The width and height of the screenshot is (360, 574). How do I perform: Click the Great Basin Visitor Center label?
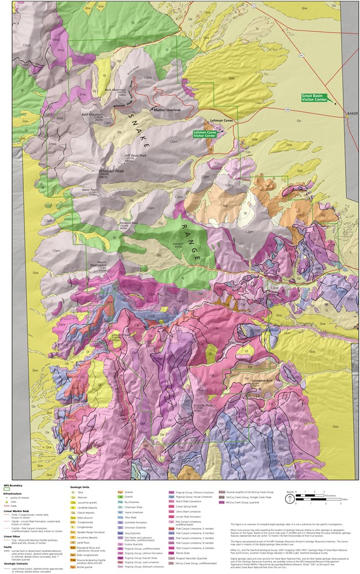315,97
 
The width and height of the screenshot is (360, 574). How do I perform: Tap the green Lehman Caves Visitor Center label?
205,134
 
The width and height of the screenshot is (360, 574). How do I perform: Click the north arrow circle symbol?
290,498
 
